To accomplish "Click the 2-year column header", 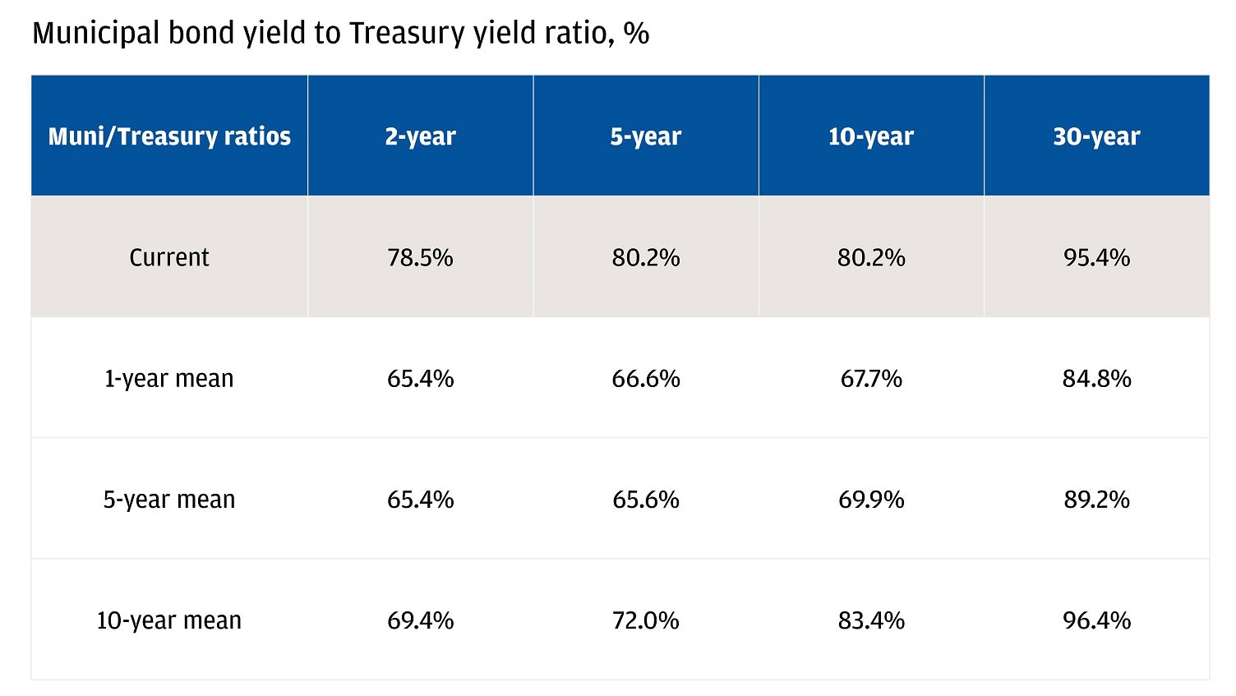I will click(x=420, y=136).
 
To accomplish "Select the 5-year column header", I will click(x=645, y=136).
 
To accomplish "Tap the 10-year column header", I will click(x=870, y=136).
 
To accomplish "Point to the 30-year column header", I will click(x=1096, y=136).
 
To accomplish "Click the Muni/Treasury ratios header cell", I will click(x=169, y=136).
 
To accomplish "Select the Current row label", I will click(x=169, y=258).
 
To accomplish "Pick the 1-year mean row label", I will click(x=169, y=379).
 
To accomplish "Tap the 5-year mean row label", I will click(x=169, y=500).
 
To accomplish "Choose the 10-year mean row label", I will click(x=169, y=620).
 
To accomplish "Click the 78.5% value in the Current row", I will click(x=420, y=258).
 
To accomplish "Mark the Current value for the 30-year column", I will click(x=1096, y=258).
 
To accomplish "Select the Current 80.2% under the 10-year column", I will click(x=870, y=258).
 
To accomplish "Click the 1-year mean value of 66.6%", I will click(x=645, y=379).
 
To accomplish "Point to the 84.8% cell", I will click(x=1096, y=379).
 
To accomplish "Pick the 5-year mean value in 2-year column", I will click(x=420, y=500).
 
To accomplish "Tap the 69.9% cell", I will click(x=870, y=500).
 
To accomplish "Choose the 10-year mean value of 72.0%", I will click(x=645, y=620).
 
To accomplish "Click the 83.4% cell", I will click(x=870, y=620).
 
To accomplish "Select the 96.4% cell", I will click(x=1096, y=620).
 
